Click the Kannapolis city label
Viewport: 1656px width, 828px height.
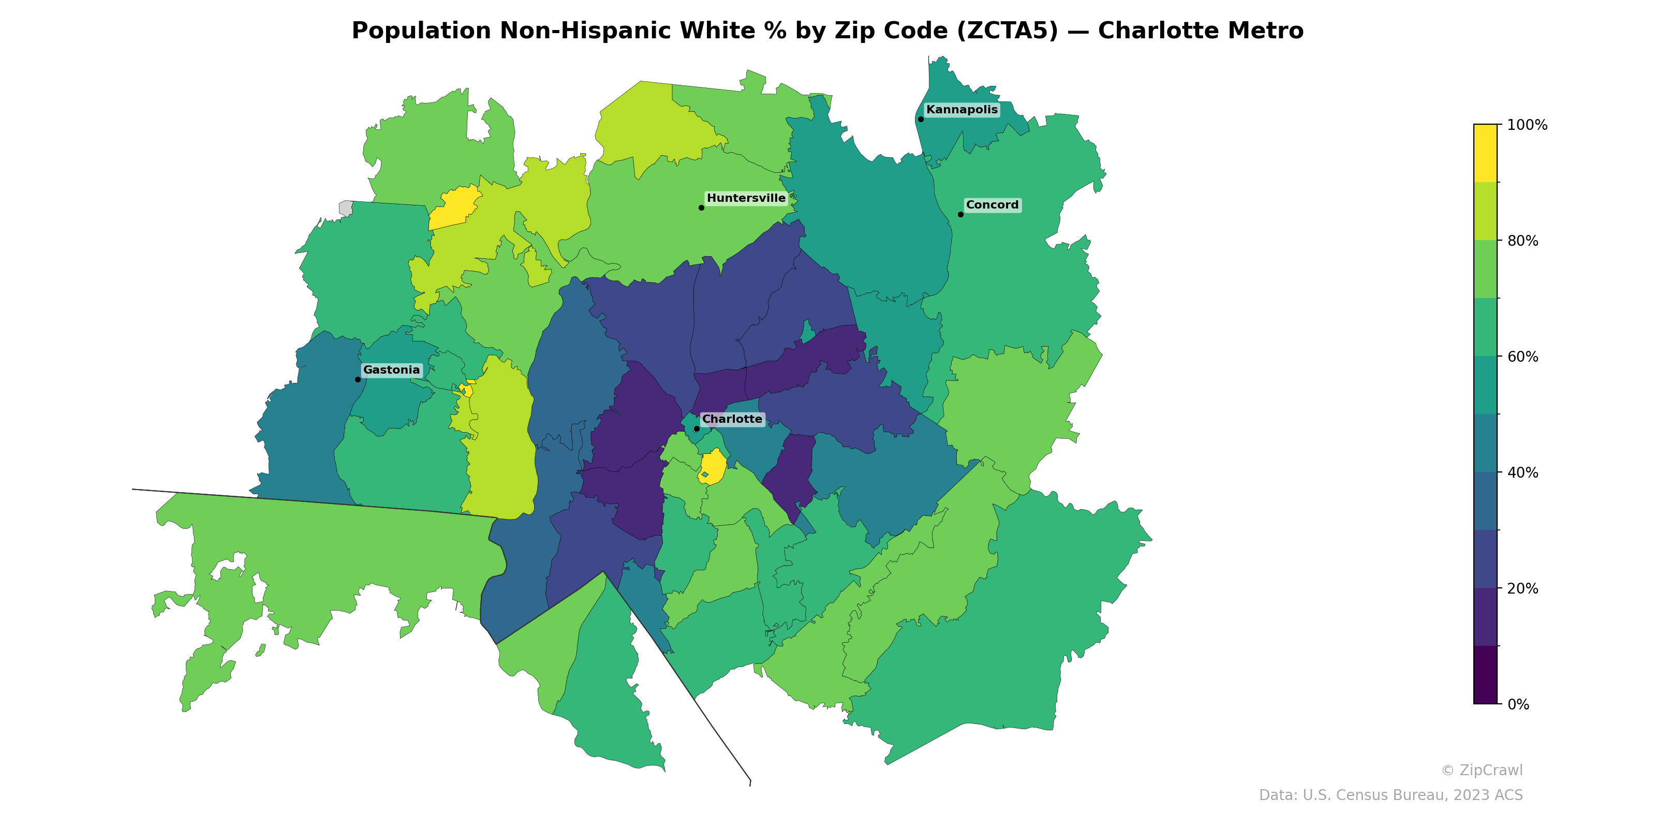point(962,110)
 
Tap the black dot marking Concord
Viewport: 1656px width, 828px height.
point(960,215)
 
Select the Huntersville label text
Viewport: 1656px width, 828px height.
point(746,198)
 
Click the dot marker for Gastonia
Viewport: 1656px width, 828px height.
point(358,379)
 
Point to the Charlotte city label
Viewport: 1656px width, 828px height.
point(732,419)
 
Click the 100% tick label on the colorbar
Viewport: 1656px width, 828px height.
point(1527,125)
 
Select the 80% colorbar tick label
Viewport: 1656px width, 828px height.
point(1522,241)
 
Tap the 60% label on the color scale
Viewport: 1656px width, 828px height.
point(1522,357)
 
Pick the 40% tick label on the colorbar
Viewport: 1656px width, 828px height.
point(1522,472)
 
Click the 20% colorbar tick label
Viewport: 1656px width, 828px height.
point(1522,588)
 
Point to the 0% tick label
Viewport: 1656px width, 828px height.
point(1518,704)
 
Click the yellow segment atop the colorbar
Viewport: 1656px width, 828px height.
point(1485,153)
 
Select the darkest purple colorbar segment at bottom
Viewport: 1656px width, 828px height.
point(1485,675)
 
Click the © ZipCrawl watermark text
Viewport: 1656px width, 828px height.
point(1481,770)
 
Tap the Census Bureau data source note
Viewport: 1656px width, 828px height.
point(1391,795)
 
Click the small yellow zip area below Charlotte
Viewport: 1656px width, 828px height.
point(714,465)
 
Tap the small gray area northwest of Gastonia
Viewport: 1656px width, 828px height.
point(346,208)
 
